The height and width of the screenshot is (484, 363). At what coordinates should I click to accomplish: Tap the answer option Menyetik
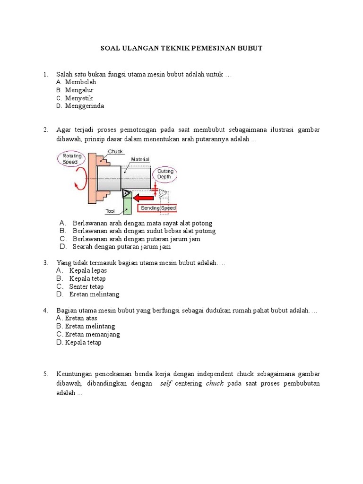(79, 98)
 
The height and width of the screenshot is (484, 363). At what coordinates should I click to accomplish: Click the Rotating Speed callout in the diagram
(72, 158)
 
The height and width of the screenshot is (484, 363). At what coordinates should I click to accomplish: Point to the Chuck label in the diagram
(115, 152)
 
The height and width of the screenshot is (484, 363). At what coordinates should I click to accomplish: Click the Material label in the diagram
(140, 160)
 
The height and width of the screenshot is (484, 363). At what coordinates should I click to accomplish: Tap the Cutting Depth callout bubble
(165, 173)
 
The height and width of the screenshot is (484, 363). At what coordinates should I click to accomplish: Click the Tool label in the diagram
(110, 211)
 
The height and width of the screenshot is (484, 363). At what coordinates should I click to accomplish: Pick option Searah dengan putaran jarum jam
(121, 247)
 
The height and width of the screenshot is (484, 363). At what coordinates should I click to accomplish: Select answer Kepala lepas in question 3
(88, 270)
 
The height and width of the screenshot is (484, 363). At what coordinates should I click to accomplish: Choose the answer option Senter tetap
(86, 286)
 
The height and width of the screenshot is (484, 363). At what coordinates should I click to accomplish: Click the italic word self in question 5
(165, 383)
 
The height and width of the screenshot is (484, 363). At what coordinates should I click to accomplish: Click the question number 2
(45, 130)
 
